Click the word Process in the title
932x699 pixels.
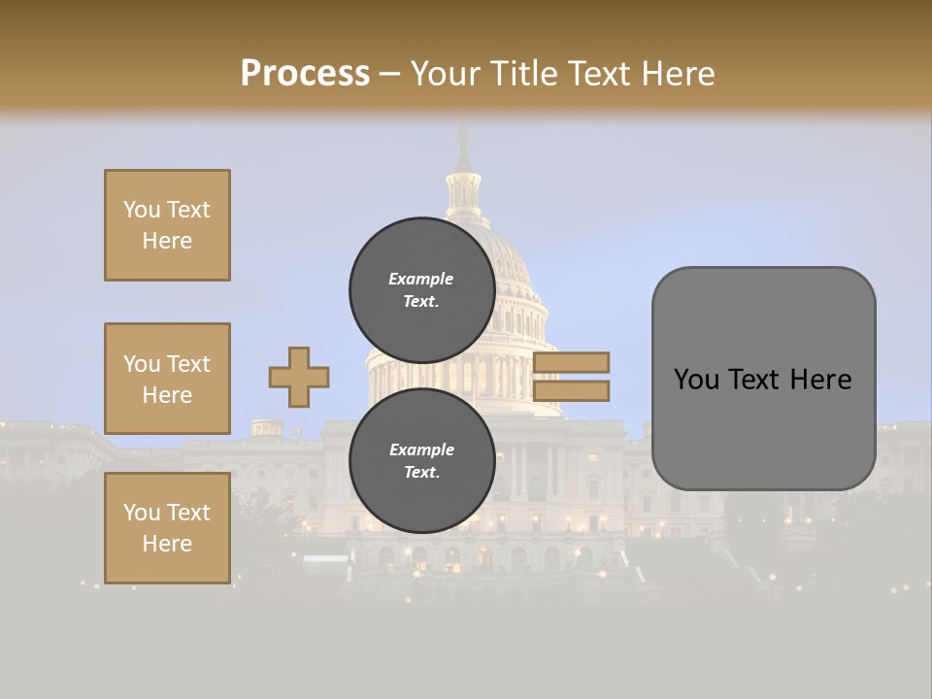tap(305, 74)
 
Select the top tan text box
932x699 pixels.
tap(167, 225)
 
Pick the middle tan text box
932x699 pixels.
tap(167, 379)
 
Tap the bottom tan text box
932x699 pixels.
tap(167, 528)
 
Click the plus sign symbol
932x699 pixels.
tap(299, 377)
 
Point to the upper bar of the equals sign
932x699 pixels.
tap(571, 362)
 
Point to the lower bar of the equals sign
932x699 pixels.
tap(571, 390)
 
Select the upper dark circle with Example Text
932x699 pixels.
tap(421, 289)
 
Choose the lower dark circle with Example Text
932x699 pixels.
tap(421, 460)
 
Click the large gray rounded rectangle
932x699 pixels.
tap(763, 379)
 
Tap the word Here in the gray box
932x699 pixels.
tap(821, 380)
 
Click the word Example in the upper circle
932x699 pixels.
tap(421, 279)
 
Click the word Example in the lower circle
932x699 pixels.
tap(421, 449)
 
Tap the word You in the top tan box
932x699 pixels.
tap(140, 210)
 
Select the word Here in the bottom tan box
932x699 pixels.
tap(167, 544)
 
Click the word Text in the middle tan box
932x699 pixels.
tap(187, 364)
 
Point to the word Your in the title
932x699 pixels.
tap(444, 74)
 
